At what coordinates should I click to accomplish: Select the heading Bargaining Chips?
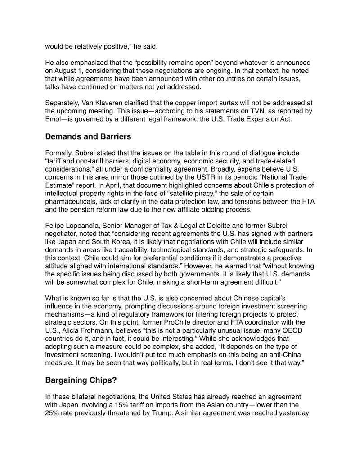tap(81, 380)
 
